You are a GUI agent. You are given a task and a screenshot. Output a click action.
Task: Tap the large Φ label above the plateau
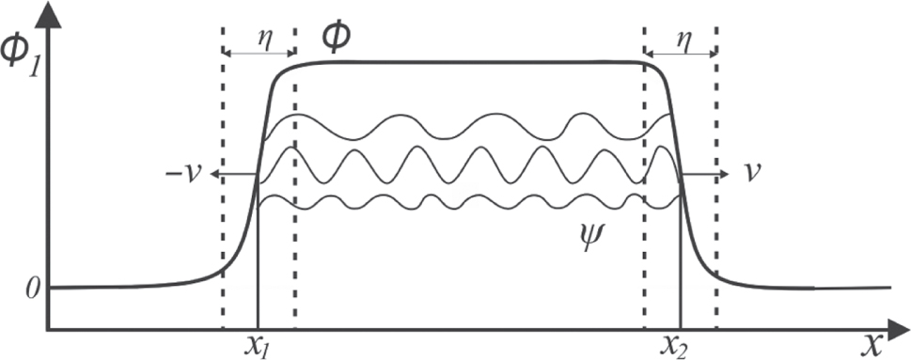[x=336, y=37]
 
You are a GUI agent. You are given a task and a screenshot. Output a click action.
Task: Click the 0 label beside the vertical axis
[x=32, y=288]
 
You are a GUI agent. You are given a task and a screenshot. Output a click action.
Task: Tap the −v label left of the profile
[x=184, y=176]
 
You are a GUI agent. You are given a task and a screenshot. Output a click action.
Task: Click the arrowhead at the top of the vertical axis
[x=48, y=11]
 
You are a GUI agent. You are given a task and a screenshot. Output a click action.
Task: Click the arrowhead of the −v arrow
[x=214, y=175]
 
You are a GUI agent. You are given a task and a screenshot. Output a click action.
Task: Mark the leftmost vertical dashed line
[x=223, y=188]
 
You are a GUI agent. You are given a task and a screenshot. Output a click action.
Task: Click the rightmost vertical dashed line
[x=716, y=188]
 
